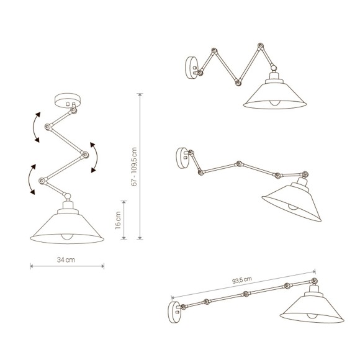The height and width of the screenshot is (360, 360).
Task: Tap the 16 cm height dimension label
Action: click(x=118, y=219)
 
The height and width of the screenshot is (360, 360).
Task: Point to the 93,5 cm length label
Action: click(x=240, y=280)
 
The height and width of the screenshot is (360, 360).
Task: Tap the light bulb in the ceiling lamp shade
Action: click(x=66, y=236)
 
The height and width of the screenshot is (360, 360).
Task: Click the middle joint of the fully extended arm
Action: click(x=246, y=293)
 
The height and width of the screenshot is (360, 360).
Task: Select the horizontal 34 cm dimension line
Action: click(x=66, y=268)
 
